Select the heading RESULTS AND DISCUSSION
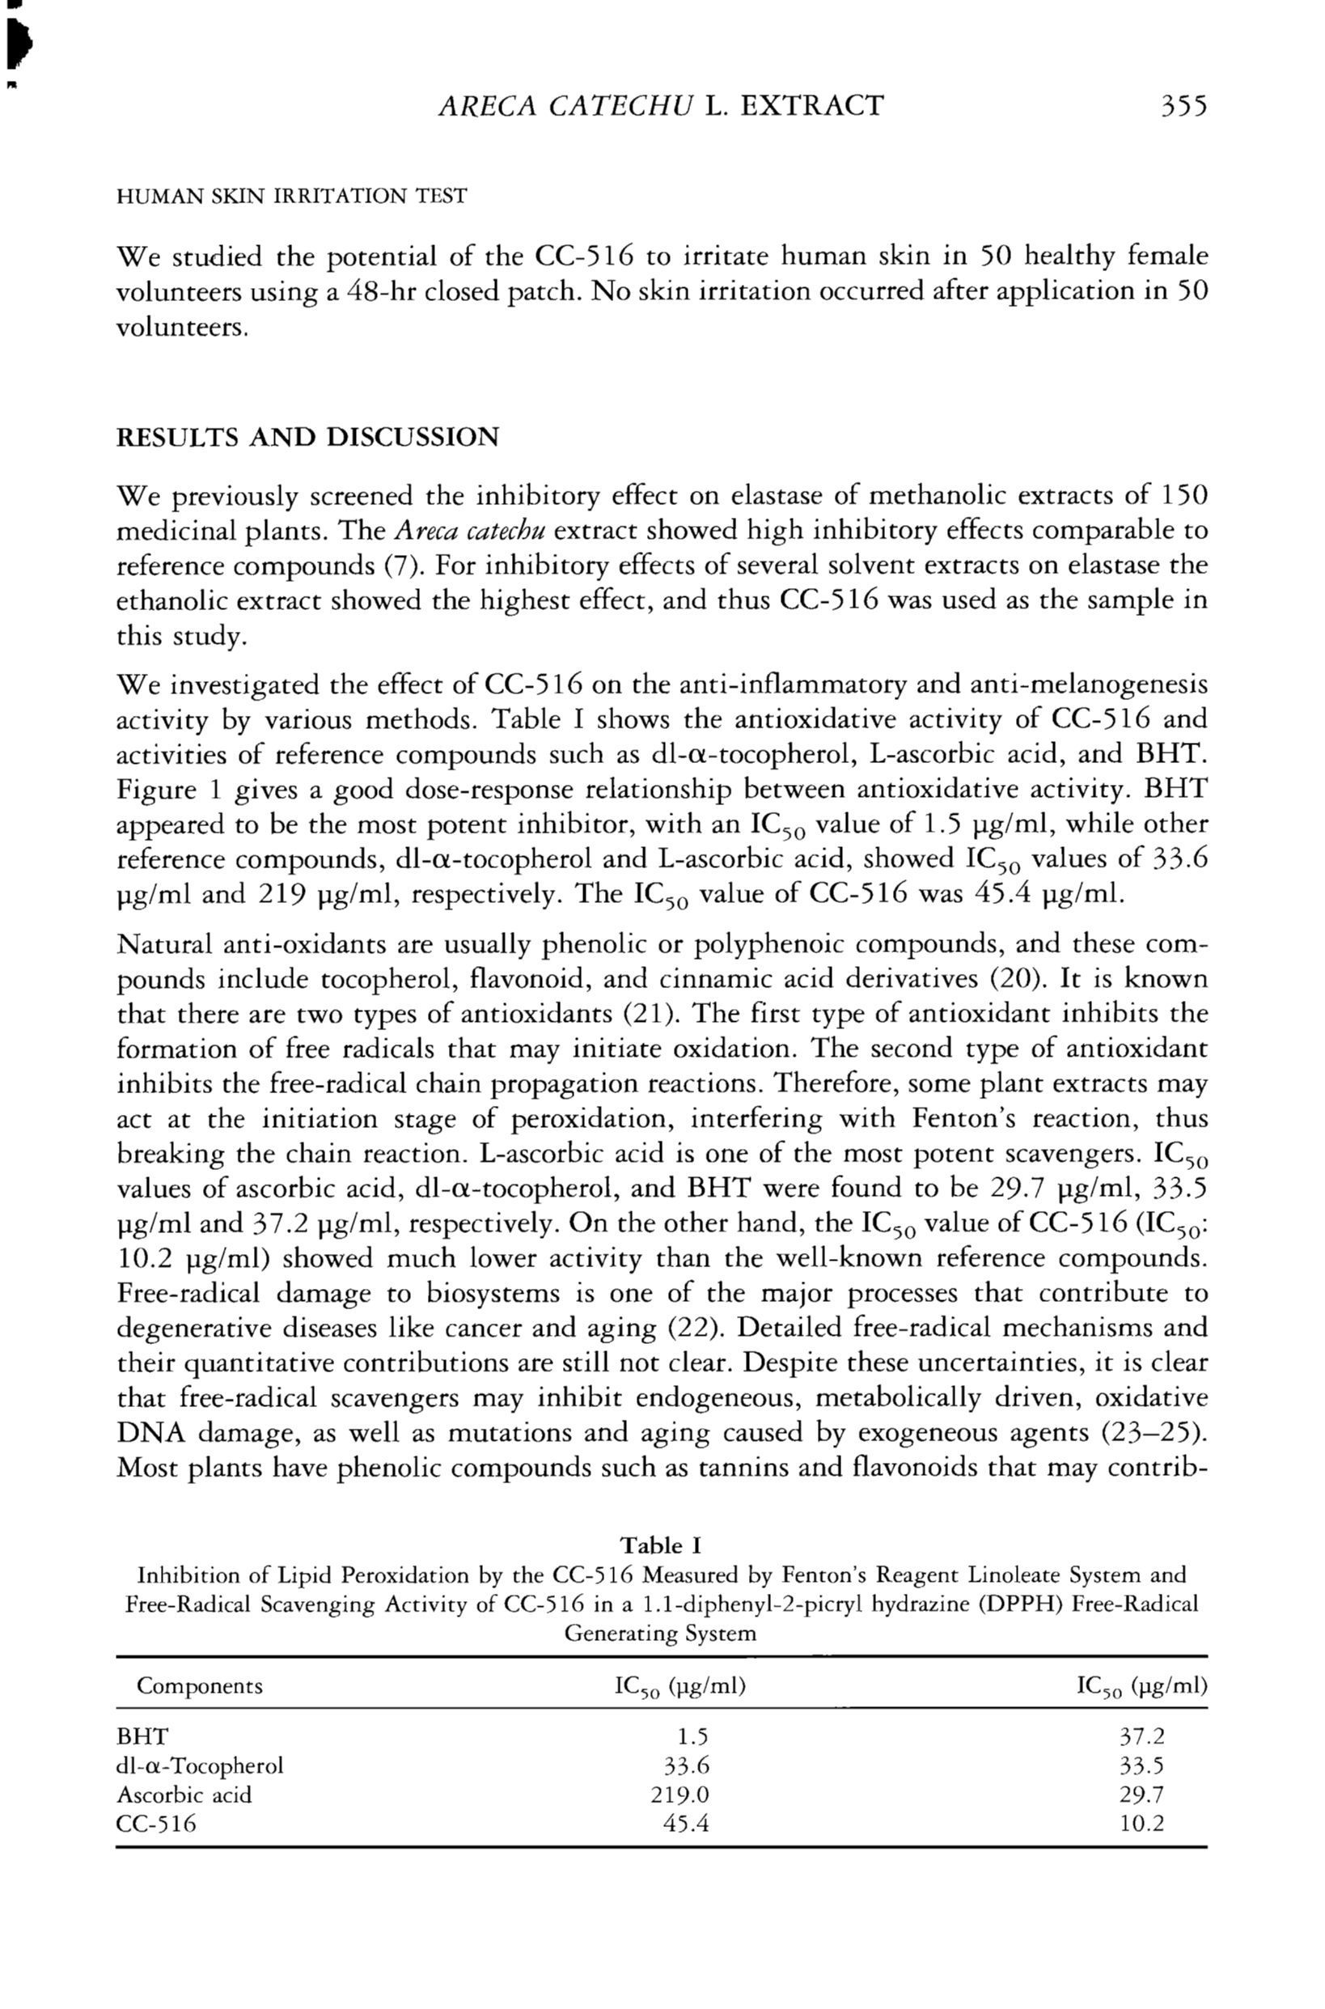pyautogui.click(x=307, y=437)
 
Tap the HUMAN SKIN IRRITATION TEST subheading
pyautogui.click(x=290, y=196)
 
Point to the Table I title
pyautogui.click(x=661, y=1545)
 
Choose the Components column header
pyautogui.click(x=200, y=1686)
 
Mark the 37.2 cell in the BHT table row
pyautogui.click(x=1141, y=1737)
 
